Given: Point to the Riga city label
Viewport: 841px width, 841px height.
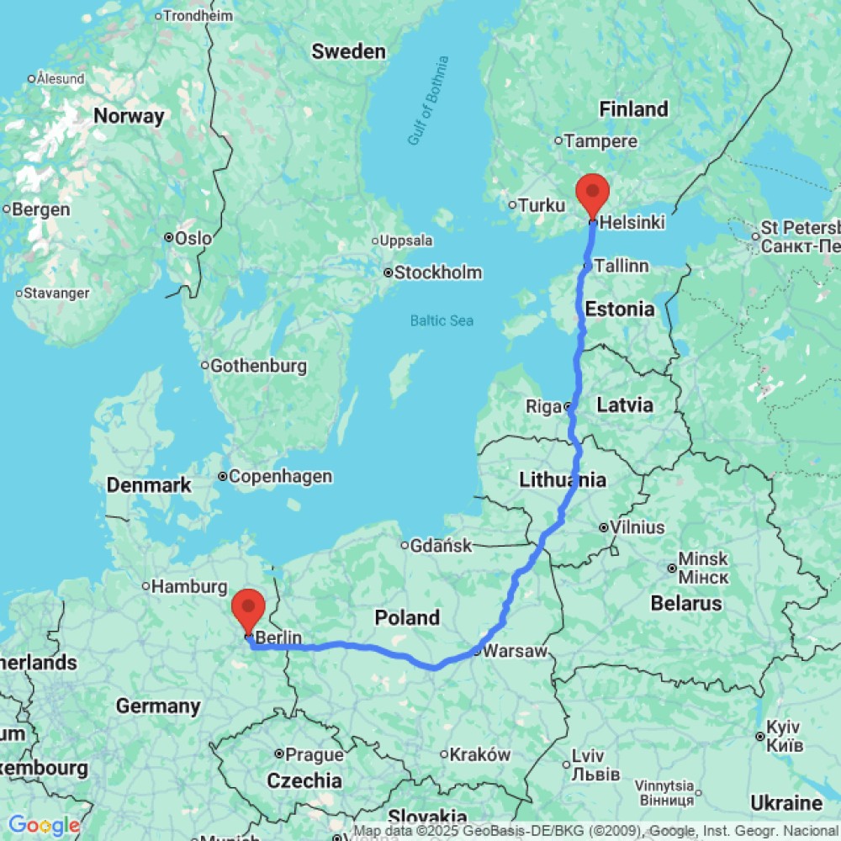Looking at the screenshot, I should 543,407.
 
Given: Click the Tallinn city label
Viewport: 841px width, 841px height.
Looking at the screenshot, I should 621,266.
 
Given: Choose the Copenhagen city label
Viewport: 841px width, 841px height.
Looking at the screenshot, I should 280,477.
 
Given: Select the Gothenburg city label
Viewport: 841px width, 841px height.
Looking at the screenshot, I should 258,366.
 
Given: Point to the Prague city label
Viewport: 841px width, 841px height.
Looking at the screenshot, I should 315,754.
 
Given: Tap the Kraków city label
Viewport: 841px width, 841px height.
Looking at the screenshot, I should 480,754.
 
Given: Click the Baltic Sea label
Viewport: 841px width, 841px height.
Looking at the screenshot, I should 442,320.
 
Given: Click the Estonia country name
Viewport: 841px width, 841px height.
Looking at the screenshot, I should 621,309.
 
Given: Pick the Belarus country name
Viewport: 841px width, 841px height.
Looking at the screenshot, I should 686,603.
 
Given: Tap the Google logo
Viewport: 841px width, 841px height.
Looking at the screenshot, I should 44,826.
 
